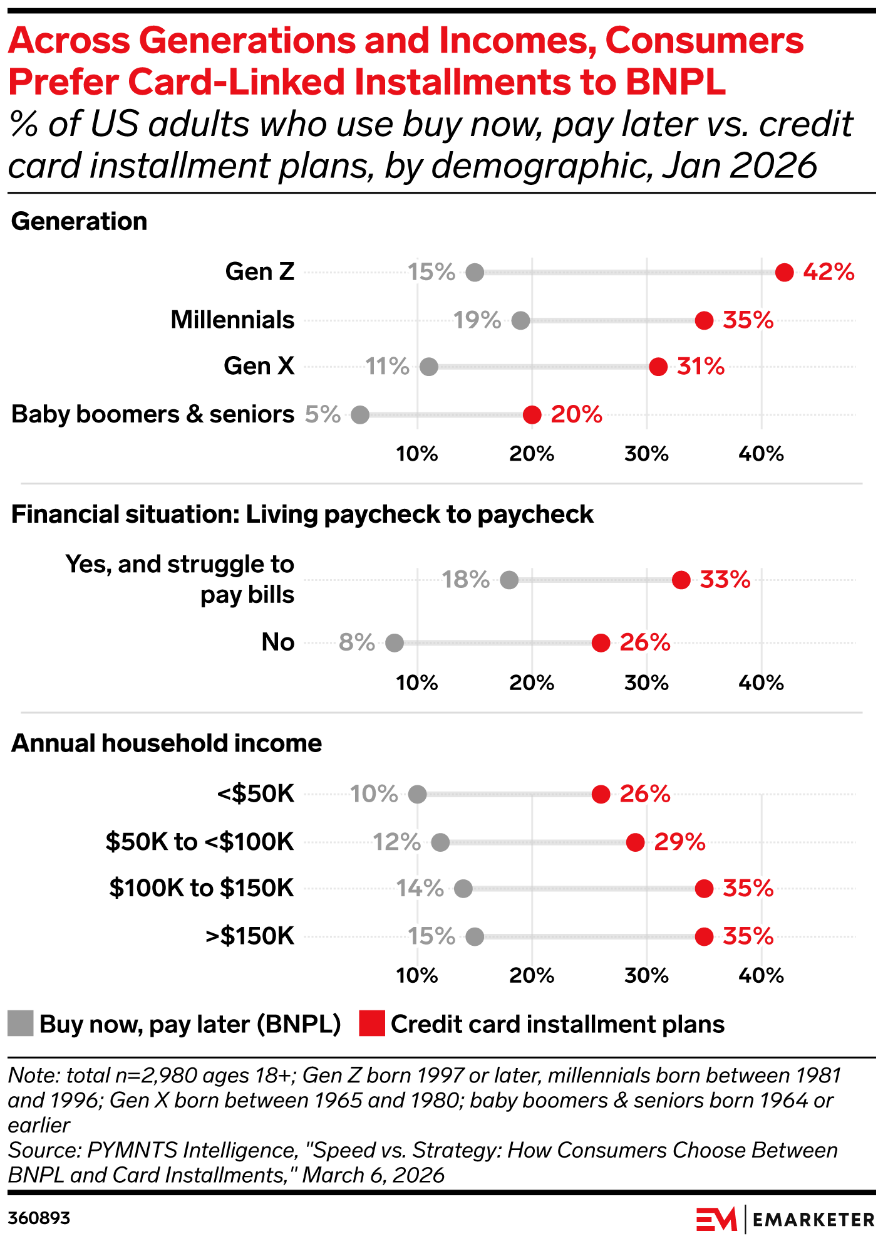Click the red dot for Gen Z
(x=784, y=273)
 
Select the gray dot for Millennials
(x=520, y=321)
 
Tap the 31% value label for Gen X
(x=700, y=367)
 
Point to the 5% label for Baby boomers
(x=323, y=414)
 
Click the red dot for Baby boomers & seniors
(x=532, y=415)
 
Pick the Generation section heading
(x=80, y=221)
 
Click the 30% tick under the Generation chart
(x=646, y=454)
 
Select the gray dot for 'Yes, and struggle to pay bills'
(x=509, y=580)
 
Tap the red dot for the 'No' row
(x=601, y=643)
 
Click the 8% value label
(x=356, y=642)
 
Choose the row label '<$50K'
(x=256, y=794)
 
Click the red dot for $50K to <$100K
(x=635, y=842)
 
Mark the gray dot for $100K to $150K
(x=463, y=889)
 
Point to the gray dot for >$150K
(x=475, y=937)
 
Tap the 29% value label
(x=679, y=842)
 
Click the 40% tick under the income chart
(x=761, y=975)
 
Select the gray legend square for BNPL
(x=21, y=1024)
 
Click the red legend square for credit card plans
(x=372, y=1024)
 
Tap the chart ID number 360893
(x=39, y=1218)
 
